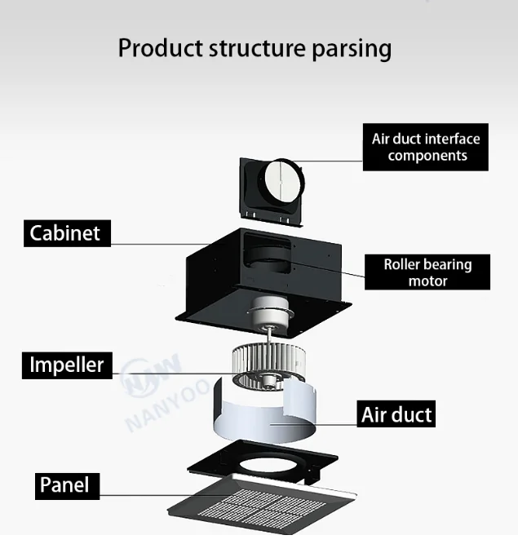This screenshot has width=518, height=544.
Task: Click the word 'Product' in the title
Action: (160, 47)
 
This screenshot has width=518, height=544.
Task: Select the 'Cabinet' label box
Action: (65, 233)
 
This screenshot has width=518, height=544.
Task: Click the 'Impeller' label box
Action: (67, 364)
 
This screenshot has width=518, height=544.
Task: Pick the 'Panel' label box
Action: (64, 486)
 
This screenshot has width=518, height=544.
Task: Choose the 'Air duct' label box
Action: (396, 414)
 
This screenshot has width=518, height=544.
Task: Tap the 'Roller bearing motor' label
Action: (427, 272)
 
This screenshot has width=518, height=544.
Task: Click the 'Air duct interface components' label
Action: (426, 147)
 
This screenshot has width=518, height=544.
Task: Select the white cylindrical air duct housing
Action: (261, 420)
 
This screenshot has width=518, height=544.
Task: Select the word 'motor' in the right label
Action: (427, 281)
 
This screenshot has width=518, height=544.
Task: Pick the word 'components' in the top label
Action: (427, 156)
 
